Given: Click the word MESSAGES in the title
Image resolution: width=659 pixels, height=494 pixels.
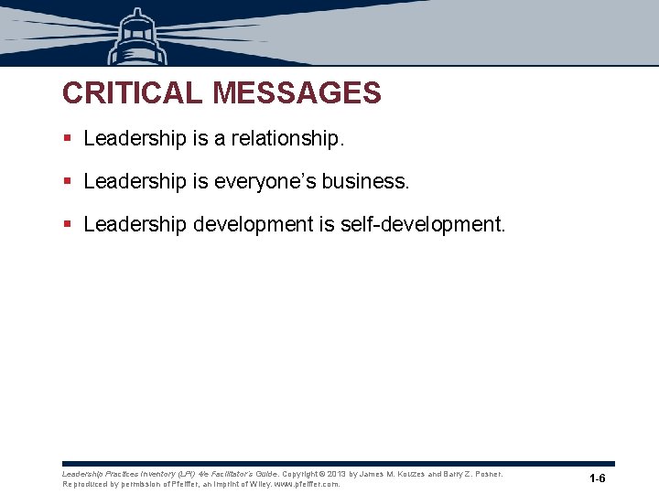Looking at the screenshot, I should pyautogui.click(x=297, y=93).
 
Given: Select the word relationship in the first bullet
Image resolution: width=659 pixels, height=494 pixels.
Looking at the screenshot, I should pyautogui.click(x=287, y=138).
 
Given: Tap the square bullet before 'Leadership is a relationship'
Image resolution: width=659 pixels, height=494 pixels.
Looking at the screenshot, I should pyautogui.click(x=67, y=138).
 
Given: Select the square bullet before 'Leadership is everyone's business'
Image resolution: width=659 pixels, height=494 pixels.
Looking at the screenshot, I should pyautogui.click(x=67, y=181).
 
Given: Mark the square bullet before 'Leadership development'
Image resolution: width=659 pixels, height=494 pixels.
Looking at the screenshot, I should pyautogui.click(x=67, y=224).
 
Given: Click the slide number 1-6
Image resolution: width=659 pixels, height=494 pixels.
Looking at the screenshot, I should pyautogui.click(x=598, y=478).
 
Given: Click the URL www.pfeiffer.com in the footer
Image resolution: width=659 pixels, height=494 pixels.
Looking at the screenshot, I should pyautogui.click(x=307, y=484).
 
